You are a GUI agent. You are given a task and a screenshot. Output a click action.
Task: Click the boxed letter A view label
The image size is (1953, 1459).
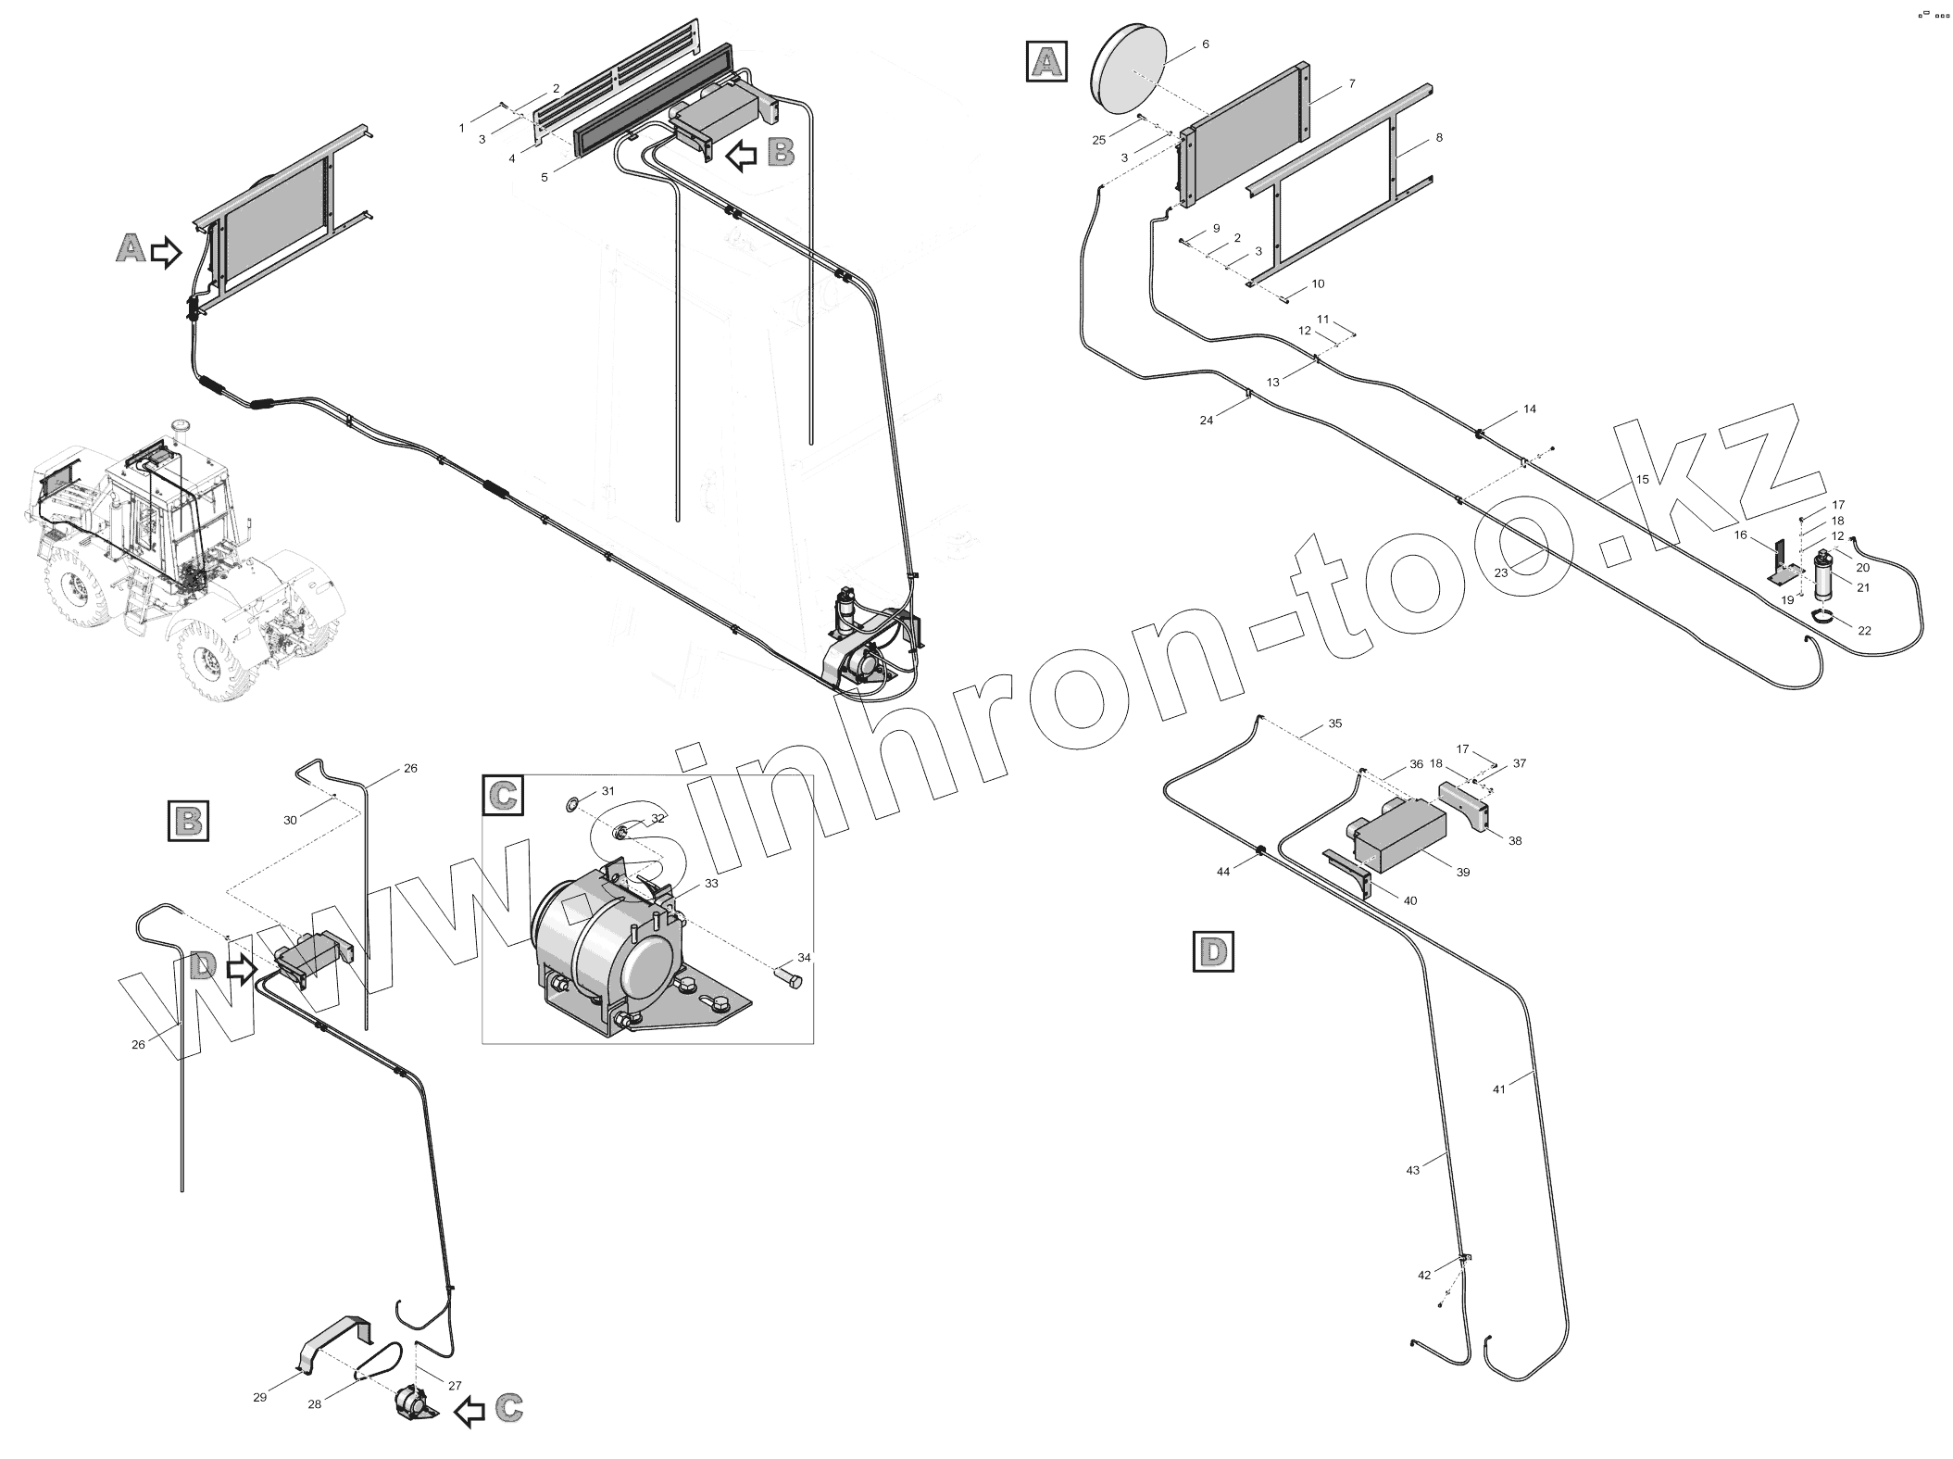[1046, 61]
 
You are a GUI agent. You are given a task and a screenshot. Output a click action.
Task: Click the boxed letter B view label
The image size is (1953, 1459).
[188, 821]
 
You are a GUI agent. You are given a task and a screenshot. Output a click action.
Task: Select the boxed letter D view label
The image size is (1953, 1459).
[1213, 952]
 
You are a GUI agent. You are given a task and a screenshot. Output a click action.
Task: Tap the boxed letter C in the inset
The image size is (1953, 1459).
[503, 796]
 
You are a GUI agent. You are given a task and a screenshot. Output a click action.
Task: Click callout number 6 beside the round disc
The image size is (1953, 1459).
[1205, 44]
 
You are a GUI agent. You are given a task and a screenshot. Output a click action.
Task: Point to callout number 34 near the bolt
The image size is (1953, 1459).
[804, 957]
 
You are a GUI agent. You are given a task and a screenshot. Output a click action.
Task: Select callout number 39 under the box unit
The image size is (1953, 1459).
[1462, 872]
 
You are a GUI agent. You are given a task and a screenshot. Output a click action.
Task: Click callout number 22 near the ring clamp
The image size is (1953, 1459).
[1864, 631]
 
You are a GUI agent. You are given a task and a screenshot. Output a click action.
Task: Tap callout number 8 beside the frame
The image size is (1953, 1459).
[1438, 138]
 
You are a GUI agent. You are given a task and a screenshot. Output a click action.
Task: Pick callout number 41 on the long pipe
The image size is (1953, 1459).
[1499, 1089]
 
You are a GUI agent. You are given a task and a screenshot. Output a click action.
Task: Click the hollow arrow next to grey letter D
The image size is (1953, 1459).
[241, 970]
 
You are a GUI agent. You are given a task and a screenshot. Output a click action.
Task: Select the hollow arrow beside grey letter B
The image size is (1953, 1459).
[741, 156]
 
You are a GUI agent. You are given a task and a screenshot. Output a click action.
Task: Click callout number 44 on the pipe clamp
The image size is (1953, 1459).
[1223, 872]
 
